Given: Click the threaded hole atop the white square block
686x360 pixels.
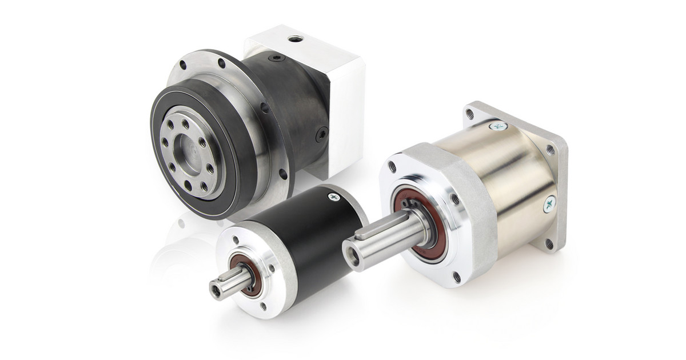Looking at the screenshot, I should pyautogui.click(x=296, y=39).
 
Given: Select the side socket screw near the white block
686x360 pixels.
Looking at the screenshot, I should pyautogui.click(x=322, y=134).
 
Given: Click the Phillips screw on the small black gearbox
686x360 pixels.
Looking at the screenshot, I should pyautogui.click(x=333, y=197).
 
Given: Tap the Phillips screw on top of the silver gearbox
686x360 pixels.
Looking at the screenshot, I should pyautogui.click(x=498, y=126).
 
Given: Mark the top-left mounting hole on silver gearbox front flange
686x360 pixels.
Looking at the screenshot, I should pyautogui.click(x=392, y=167).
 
